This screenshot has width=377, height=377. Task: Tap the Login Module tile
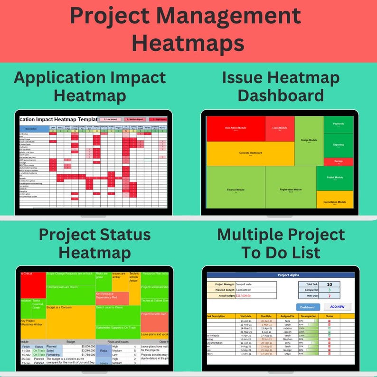(280, 128)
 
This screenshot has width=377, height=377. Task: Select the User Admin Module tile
(236, 128)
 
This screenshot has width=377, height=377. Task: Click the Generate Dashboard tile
(250, 153)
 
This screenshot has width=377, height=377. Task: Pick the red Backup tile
(339, 161)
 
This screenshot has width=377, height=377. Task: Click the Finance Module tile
(236, 190)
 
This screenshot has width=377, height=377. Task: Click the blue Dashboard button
(308, 307)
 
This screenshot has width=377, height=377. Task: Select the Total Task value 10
(330, 284)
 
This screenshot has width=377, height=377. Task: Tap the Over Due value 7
(330, 296)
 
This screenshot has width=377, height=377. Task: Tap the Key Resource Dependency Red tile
(112, 298)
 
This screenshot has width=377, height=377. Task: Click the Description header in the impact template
(31, 129)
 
